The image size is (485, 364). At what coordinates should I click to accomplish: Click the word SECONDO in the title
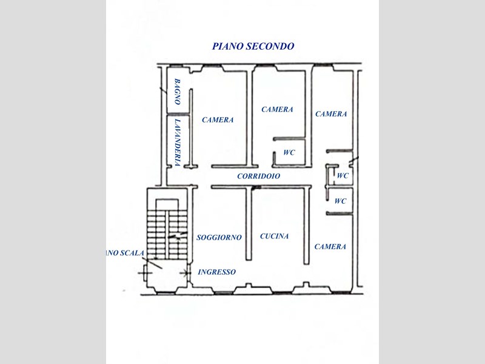pyautogui.click(x=270, y=46)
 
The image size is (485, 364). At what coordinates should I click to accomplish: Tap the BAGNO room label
pyautogui.click(x=177, y=92)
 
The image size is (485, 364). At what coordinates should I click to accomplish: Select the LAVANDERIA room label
pyautogui.click(x=178, y=143)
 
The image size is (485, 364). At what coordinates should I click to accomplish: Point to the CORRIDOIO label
pyautogui.click(x=259, y=176)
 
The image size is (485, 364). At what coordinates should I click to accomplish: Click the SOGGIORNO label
pyautogui.click(x=219, y=237)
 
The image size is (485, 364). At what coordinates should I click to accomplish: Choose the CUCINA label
pyautogui.click(x=275, y=236)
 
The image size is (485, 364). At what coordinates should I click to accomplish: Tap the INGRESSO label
pyautogui.click(x=217, y=272)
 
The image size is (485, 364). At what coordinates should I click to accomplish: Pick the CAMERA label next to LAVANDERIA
pyautogui.click(x=218, y=120)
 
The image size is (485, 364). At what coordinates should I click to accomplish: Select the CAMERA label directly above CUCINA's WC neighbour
pyautogui.click(x=277, y=109)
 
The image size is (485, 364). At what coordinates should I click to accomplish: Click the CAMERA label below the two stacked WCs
pyautogui.click(x=330, y=247)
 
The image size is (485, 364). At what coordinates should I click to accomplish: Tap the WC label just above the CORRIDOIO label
pyautogui.click(x=289, y=152)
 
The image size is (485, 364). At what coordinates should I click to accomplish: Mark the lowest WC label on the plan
pyautogui.click(x=340, y=201)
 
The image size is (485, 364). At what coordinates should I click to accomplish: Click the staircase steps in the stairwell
pyautogui.click(x=167, y=234)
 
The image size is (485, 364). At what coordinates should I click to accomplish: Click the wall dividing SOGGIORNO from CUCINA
pyautogui.click(x=249, y=223)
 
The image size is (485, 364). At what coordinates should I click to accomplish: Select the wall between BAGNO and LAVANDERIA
pyautogui.click(x=178, y=114)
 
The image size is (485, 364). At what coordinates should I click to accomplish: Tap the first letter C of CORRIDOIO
pyautogui.click(x=239, y=176)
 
